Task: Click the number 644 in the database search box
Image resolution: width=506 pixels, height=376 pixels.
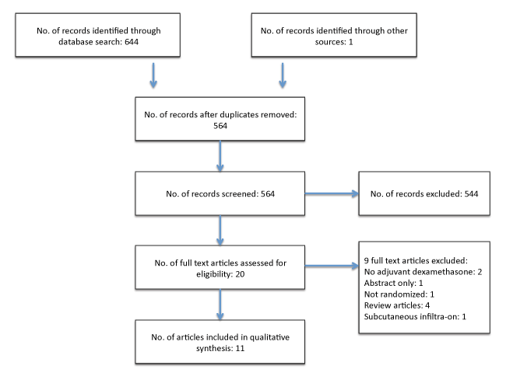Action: coord(132,42)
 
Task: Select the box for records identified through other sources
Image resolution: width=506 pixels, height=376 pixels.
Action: coord(334,35)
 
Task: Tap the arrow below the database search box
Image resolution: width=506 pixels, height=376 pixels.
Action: coord(153,75)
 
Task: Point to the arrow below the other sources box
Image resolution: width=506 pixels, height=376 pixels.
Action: coord(283,75)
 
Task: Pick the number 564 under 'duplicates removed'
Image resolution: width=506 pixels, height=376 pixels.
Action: coord(220,126)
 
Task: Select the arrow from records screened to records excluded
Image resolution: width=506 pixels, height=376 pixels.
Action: coord(332,193)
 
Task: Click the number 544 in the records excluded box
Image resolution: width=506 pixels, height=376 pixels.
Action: coord(471,193)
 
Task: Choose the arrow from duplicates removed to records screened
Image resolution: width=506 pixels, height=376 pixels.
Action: coord(220,156)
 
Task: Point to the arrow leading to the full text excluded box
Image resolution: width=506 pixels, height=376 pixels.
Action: coord(332,266)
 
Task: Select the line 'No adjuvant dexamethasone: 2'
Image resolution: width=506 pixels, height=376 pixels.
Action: coord(423,272)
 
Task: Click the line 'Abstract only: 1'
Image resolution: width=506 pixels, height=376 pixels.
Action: coord(393,284)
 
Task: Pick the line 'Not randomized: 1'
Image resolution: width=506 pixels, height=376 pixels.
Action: coord(399,294)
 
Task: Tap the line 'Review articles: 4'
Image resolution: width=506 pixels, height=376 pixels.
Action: coord(397,305)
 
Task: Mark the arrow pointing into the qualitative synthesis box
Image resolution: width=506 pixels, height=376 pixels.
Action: coord(220,305)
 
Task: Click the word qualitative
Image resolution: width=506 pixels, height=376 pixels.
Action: coord(270,337)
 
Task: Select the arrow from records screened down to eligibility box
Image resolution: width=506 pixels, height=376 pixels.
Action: coord(220,231)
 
